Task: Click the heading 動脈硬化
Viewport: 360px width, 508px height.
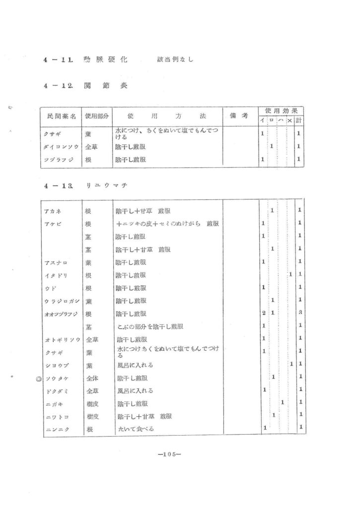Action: click(x=105, y=60)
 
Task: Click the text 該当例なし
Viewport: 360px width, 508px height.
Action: click(x=175, y=60)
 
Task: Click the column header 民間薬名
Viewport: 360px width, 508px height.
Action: click(x=62, y=116)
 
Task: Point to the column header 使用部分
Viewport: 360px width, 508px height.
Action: click(x=97, y=116)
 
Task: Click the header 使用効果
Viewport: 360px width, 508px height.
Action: click(x=281, y=111)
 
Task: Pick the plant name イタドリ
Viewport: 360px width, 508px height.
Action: click(x=56, y=275)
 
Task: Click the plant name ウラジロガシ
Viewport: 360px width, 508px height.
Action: click(x=62, y=301)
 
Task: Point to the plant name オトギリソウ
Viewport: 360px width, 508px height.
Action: click(x=62, y=340)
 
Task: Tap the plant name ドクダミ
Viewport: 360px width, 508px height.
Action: click(x=56, y=391)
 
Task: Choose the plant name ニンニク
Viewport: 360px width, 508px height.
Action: click(x=56, y=429)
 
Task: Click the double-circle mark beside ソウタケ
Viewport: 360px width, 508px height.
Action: click(x=38, y=379)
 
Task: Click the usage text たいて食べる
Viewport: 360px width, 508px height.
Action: click(x=135, y=429)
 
